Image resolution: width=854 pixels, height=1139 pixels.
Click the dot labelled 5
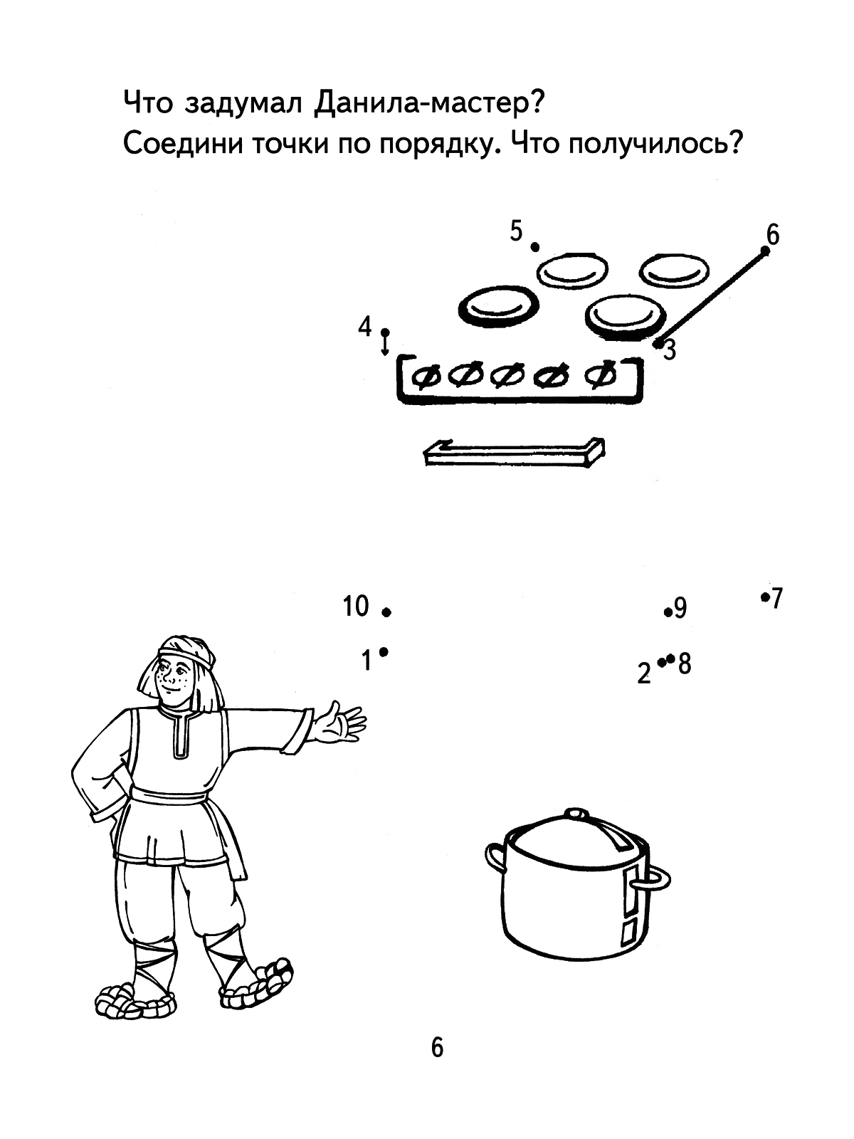[534, 246]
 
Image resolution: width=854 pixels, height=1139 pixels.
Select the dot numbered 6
[765, 251]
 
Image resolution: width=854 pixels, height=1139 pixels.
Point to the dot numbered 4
[385, 332]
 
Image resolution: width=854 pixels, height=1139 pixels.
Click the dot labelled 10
[386, 612]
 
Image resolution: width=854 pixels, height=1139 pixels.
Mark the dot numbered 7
[765, 597]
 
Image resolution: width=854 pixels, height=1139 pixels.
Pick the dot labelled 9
[668, 612]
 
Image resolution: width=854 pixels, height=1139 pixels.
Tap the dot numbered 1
[384, 652]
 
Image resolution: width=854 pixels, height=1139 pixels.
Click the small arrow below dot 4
[385, 345]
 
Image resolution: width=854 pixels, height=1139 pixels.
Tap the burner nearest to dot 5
[572, 271]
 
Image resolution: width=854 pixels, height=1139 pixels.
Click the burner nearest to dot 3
[625, 317]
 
